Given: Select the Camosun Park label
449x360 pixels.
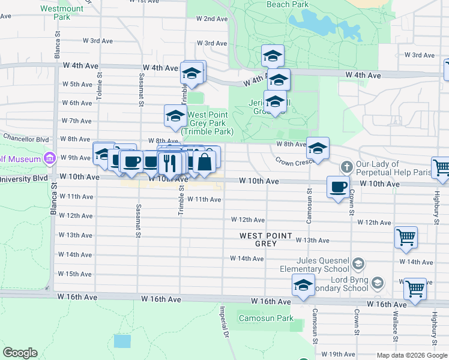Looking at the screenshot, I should coord(266,318).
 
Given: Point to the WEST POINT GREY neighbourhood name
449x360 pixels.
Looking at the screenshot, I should coord(266,240).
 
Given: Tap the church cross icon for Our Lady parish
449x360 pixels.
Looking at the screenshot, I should coord(346,166).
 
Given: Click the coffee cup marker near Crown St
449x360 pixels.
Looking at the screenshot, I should coord(339,187).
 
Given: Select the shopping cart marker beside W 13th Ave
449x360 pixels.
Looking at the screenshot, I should coord(406,237).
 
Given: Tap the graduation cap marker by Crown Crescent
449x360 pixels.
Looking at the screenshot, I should coord(318,149).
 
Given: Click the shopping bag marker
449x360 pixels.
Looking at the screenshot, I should coord(204,162).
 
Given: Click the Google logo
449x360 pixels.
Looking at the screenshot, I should coord(20,353).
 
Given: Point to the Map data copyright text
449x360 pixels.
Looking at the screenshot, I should coord(411,355).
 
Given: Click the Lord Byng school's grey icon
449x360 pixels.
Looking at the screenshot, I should coord(377,283).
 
